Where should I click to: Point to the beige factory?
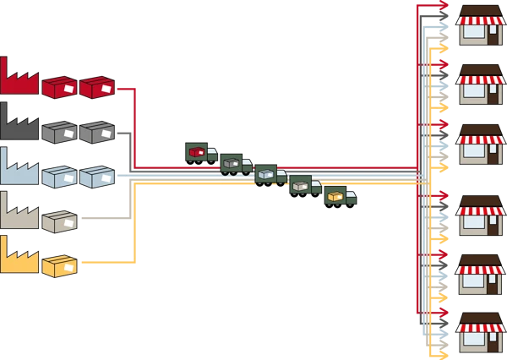pyautogui.click(x=19, y=213)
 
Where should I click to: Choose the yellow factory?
pyautogui.click(x=19, y=258)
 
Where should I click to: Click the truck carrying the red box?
pyautogui.click(x=200, y=153)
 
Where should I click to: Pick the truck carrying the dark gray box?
pyautogui.click(x=235, y=163)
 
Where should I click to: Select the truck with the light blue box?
pyautogui.click(x=270, y=174)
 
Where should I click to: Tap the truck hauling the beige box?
pyautogui.click(x=305, y=185)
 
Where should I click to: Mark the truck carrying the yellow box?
pyautogui.click(x=340, y=196)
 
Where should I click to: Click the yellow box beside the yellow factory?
pyautogui.click(x=59, y=266)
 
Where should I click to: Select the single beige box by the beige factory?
pyautogui.click(x=59, y=221)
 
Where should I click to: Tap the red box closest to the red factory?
pyautogui.click(x=59, y=87)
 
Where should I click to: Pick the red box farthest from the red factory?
pyautogui.click(x=96, y=87)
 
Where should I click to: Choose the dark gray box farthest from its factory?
pyautogui.click(x=96, y=132)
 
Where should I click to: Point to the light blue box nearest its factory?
pyautogui.click(x=59, y=177)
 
